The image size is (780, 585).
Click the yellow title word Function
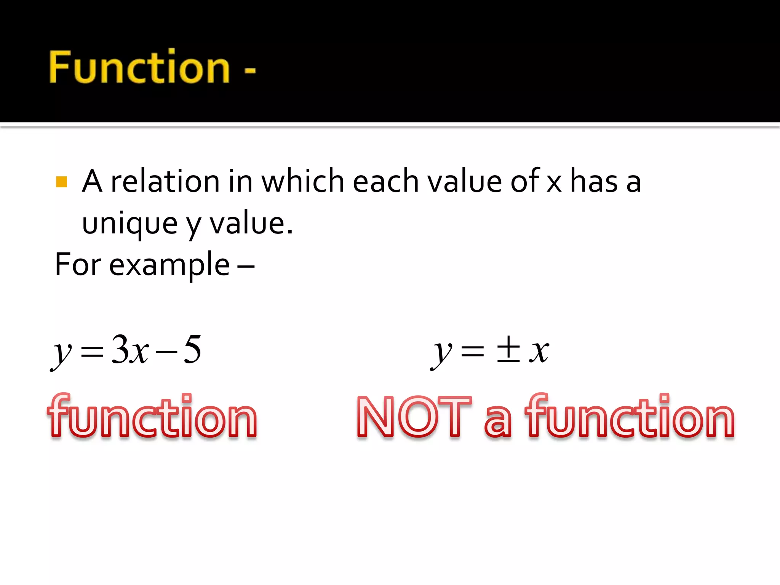(139, 67)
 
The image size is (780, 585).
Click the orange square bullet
(61, 182)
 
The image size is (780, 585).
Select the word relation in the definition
(165, 181)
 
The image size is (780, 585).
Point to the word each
(386, 181)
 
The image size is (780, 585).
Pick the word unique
(129, 224)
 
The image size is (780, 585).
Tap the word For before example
(78, 264)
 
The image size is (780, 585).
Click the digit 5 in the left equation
(192, 349)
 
